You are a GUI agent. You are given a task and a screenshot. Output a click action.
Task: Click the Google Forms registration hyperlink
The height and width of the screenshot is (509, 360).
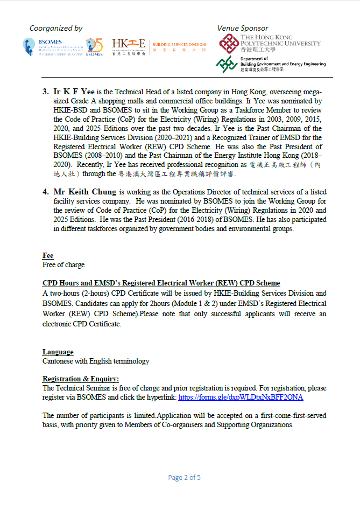[x=241, y=397]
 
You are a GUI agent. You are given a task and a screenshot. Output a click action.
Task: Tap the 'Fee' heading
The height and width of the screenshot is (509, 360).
[x=48, y=255]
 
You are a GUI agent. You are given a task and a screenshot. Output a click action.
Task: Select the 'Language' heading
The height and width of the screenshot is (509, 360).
[x=58, y=352]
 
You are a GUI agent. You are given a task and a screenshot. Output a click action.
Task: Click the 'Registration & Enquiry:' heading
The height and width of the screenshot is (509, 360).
[x=81, y=379]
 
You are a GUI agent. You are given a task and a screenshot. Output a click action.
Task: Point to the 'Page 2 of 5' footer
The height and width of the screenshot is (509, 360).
[x=184, y=477]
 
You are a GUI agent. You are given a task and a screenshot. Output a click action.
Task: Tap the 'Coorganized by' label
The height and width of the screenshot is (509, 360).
[x=56, y=28]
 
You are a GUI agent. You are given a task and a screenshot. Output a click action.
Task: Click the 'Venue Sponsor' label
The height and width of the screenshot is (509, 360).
[x=242, y=28]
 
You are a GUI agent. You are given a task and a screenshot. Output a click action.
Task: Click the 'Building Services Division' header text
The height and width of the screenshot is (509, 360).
[x=179, y=45]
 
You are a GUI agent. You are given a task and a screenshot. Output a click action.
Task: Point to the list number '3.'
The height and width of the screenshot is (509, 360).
[x=46, y=91]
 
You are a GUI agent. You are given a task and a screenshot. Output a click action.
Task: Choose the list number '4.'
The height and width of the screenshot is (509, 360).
[x=46, y=192]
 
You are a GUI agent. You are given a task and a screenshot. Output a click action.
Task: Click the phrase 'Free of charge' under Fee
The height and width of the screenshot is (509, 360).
[x=63, y=265]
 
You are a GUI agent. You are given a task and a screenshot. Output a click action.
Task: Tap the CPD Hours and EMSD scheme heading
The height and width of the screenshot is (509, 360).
[x=161, y=283]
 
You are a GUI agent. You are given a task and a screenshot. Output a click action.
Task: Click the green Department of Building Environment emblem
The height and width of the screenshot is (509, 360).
[x=227, y=64]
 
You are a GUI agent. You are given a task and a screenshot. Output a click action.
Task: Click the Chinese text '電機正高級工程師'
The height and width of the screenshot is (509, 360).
[x=285, y=164]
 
